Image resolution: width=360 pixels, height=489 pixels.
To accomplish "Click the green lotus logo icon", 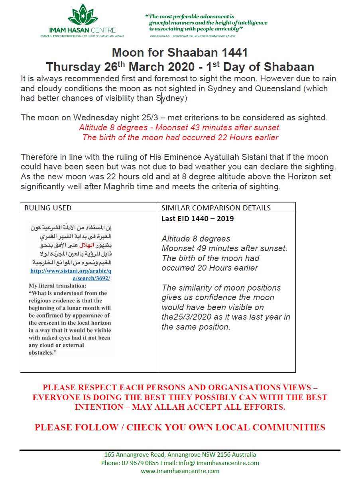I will tap(83, 15).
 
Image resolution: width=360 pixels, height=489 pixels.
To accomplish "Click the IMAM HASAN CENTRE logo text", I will tap(83, 30).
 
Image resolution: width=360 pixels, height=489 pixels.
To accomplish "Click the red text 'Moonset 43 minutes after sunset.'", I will tap(218, 128).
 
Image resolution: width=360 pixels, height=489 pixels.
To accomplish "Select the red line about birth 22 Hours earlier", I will tap(180, 137).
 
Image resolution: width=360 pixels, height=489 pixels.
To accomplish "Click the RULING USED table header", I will tap(48, 208).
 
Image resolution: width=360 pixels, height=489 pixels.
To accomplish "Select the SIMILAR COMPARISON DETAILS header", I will tap(216, 208).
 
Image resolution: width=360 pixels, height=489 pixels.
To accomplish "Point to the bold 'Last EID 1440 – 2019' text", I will tap(197, 218).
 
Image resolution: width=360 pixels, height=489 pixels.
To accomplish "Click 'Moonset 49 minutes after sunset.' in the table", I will tap(224, 248).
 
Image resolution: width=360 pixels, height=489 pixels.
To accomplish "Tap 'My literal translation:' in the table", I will tap(57, 286).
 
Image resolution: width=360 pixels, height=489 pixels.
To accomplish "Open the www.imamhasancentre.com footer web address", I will tap(180, 471).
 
